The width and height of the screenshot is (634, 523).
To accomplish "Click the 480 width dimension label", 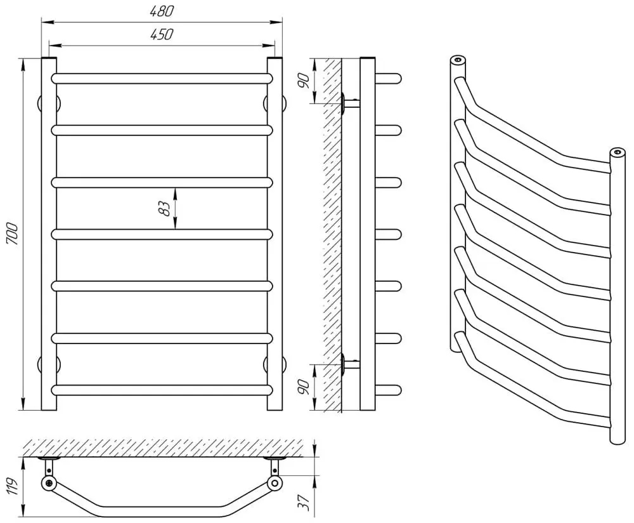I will (162, 11).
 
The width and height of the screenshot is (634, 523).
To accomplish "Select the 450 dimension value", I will (162, 34).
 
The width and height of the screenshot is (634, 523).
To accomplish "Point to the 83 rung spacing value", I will (165, 208).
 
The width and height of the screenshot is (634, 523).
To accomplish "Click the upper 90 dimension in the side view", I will (304, 80).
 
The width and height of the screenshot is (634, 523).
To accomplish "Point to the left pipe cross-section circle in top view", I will (49, 484).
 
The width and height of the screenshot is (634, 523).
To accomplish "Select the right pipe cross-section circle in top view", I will (274, 484).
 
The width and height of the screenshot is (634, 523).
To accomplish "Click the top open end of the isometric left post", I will (458, 60).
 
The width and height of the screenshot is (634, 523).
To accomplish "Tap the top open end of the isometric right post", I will (615, 152).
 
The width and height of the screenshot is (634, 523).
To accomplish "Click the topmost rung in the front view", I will (162, 79).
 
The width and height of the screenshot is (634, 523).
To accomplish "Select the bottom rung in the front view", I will (162, 390).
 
